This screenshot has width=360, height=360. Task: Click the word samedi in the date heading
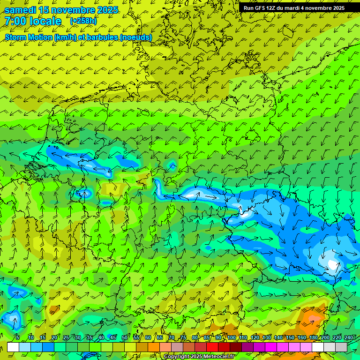pos(20,10)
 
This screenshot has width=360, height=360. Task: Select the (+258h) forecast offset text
pos(84,21)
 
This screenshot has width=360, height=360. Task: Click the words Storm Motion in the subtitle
pos(28,37)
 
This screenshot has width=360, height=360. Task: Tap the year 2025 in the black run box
pos(337,8)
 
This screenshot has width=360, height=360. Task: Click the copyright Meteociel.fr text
pos(199,357)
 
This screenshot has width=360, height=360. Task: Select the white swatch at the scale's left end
pos(13,347)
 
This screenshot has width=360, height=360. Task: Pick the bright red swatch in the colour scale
pos(212,347)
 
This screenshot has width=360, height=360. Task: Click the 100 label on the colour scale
pos(232,338)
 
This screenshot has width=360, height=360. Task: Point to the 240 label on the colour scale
pos(349,338)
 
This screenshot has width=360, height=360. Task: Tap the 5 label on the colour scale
pos(18,338)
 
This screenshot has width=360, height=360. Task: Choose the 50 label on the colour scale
pos(125,338)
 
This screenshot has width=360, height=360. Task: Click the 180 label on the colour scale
pos(312,338)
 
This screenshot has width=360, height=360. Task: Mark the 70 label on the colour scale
pos(172,338)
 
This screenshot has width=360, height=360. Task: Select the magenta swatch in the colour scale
pos(271,347)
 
